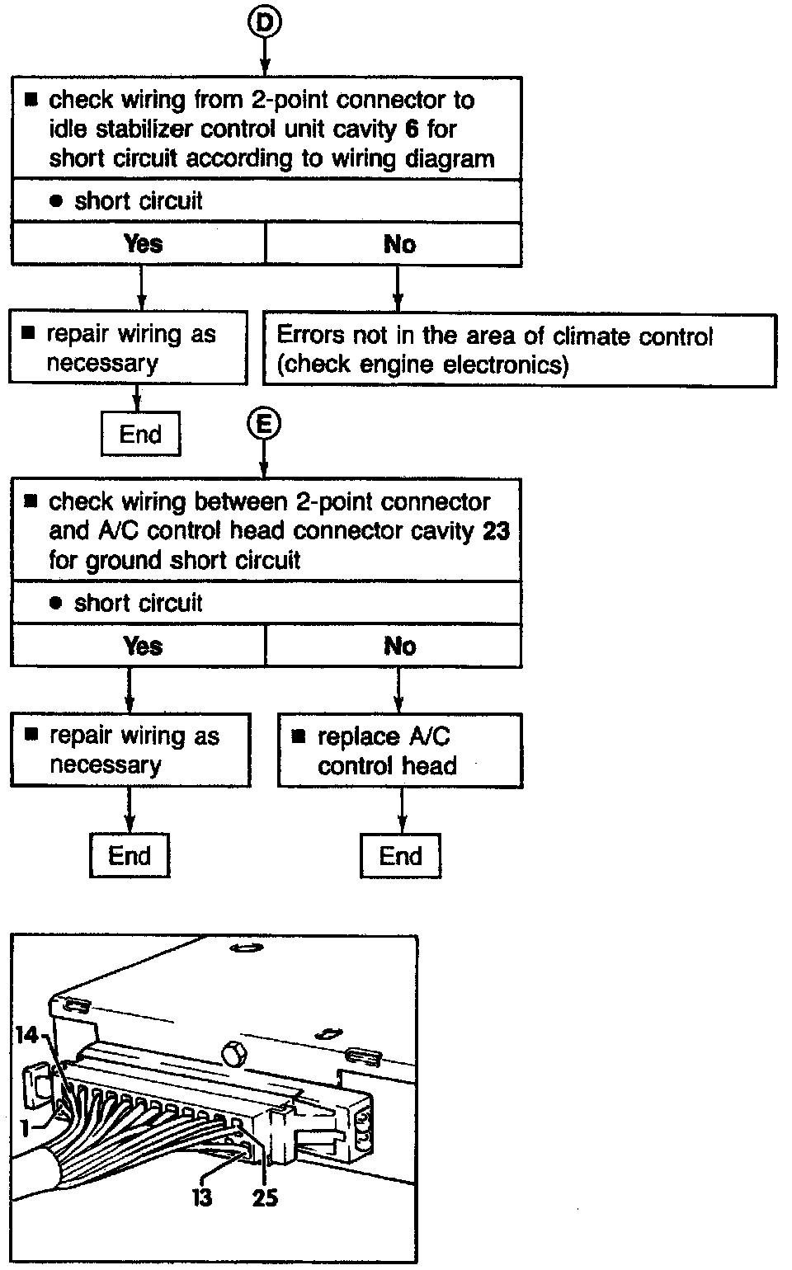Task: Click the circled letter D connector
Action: pyautogui.click(x=264, y=22)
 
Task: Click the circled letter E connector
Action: pyautogui.click(x=264, y=424)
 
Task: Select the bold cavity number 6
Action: pyautogui.click(x=411, y=129)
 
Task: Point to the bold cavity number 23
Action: pyautogui.click(x=496, y=530)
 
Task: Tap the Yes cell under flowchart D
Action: pyautogui.click(x=142, y=244)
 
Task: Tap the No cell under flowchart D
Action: pyautogui.click(x=399, y=244)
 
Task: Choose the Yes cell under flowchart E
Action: pyautogui.click(x=142, y=646)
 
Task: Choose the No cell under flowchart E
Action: pyautogui.click(x=399, y=646)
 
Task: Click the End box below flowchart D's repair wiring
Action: pyautogui.click(x=140, y=435)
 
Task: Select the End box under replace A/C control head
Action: pyautogui.click(x=400, y=856)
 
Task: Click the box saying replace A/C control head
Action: pyautogui.click(x=400, y=750)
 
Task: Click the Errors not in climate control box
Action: pyautogui.click(x=519, y=350)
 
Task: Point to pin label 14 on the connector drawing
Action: pyautogui.click(x=27, y=1033)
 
